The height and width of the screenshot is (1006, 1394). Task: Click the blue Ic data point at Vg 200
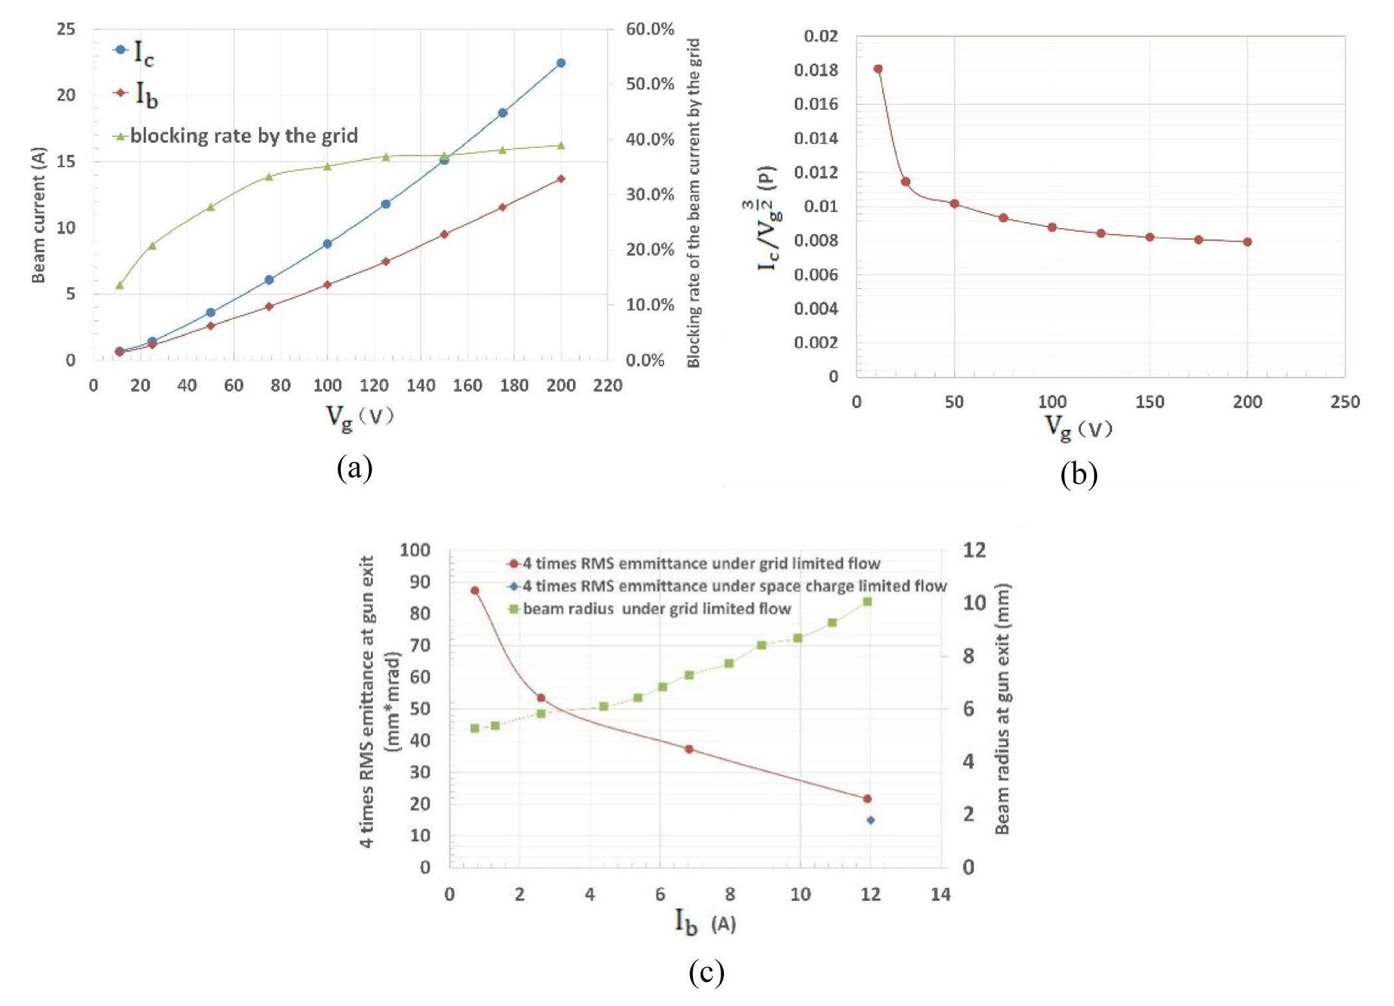tap(560, 63)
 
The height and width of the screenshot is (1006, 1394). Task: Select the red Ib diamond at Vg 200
tap(560, 179)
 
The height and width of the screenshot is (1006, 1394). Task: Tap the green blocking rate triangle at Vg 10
tap(120, 285)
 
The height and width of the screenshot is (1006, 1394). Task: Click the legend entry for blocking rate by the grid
tap(243, 136)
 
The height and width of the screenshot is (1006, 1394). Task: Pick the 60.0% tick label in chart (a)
tap(649, 29)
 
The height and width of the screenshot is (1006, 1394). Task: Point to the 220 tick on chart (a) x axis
tap(608, 385)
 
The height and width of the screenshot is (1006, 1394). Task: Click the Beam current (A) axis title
tap(39, 215)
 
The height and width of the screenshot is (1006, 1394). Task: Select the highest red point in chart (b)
tap(877, 69)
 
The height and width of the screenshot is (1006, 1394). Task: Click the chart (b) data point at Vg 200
tap(1247, 242)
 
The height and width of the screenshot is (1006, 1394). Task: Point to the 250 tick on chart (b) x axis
tap(1345, 402)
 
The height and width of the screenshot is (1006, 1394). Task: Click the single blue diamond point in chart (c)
tap(870, 820)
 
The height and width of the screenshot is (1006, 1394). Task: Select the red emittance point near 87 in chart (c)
tap(475, 590)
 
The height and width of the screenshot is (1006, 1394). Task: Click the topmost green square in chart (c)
tap(867, 601)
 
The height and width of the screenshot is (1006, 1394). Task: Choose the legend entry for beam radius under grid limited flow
tap(656, 609)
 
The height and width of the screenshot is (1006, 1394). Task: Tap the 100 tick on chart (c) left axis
tap(415, 550)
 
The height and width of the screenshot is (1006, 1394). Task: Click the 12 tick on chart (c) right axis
tap(975, 550)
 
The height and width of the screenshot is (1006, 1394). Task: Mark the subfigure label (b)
tap(1078, 474)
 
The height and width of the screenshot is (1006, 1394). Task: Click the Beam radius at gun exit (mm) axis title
tap(1002, 708)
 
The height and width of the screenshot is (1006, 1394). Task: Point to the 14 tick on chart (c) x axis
tap(941, 894)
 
